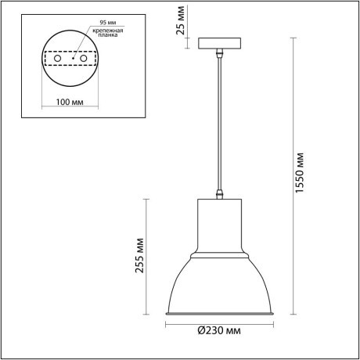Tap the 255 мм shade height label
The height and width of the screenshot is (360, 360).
click(139, 254)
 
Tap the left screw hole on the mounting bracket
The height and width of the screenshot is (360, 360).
click(58, 58)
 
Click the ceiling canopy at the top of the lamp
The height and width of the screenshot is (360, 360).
click(221, 45)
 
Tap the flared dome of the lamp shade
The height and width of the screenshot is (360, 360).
click(221, 286)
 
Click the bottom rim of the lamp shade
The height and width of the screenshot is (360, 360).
click(221, 315)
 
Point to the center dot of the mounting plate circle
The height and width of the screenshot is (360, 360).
click(69, 58)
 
